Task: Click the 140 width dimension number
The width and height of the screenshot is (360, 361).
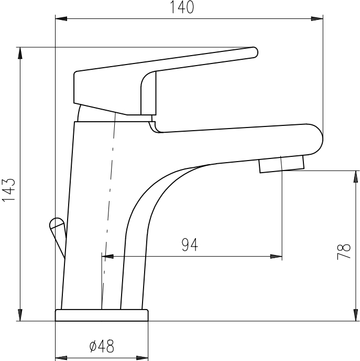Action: coord(182,7)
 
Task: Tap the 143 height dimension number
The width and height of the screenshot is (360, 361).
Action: coord(9,190)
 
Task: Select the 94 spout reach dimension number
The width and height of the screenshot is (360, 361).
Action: coord(190,245)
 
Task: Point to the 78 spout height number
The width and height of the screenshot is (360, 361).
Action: coord(344,252)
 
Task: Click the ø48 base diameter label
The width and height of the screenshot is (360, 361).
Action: coord(102,346)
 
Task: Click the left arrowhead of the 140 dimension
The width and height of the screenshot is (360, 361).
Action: coord(61,19)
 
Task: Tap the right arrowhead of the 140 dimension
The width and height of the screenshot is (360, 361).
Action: coord(317,19)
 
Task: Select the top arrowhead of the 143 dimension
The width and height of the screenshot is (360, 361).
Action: coord(20,53)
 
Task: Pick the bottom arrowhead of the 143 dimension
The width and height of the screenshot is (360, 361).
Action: coord(20,315)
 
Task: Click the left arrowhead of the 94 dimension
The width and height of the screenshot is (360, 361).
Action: coord(107,256)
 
